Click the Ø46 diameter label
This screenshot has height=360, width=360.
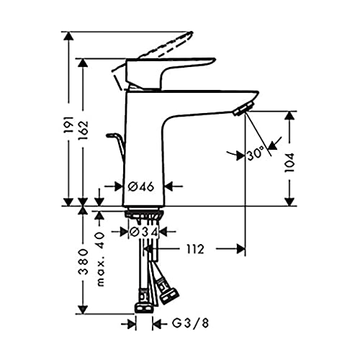[x=141, y=186]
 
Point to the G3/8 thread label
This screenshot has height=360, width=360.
[x=185, y=325]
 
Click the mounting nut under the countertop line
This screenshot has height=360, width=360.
[x=144, y=215]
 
